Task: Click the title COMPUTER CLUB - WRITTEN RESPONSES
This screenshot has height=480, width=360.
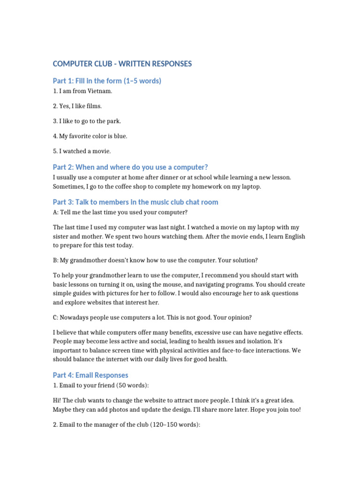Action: pos(122,64)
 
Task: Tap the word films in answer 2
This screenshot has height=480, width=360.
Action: pos(93,106)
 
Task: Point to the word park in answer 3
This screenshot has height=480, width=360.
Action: pos(113,121)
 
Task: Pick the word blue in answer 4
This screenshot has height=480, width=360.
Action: pos(119,136)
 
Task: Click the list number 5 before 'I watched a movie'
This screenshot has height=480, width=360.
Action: pos(55,151)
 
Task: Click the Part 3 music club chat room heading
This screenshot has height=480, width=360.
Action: pos(135,202)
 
